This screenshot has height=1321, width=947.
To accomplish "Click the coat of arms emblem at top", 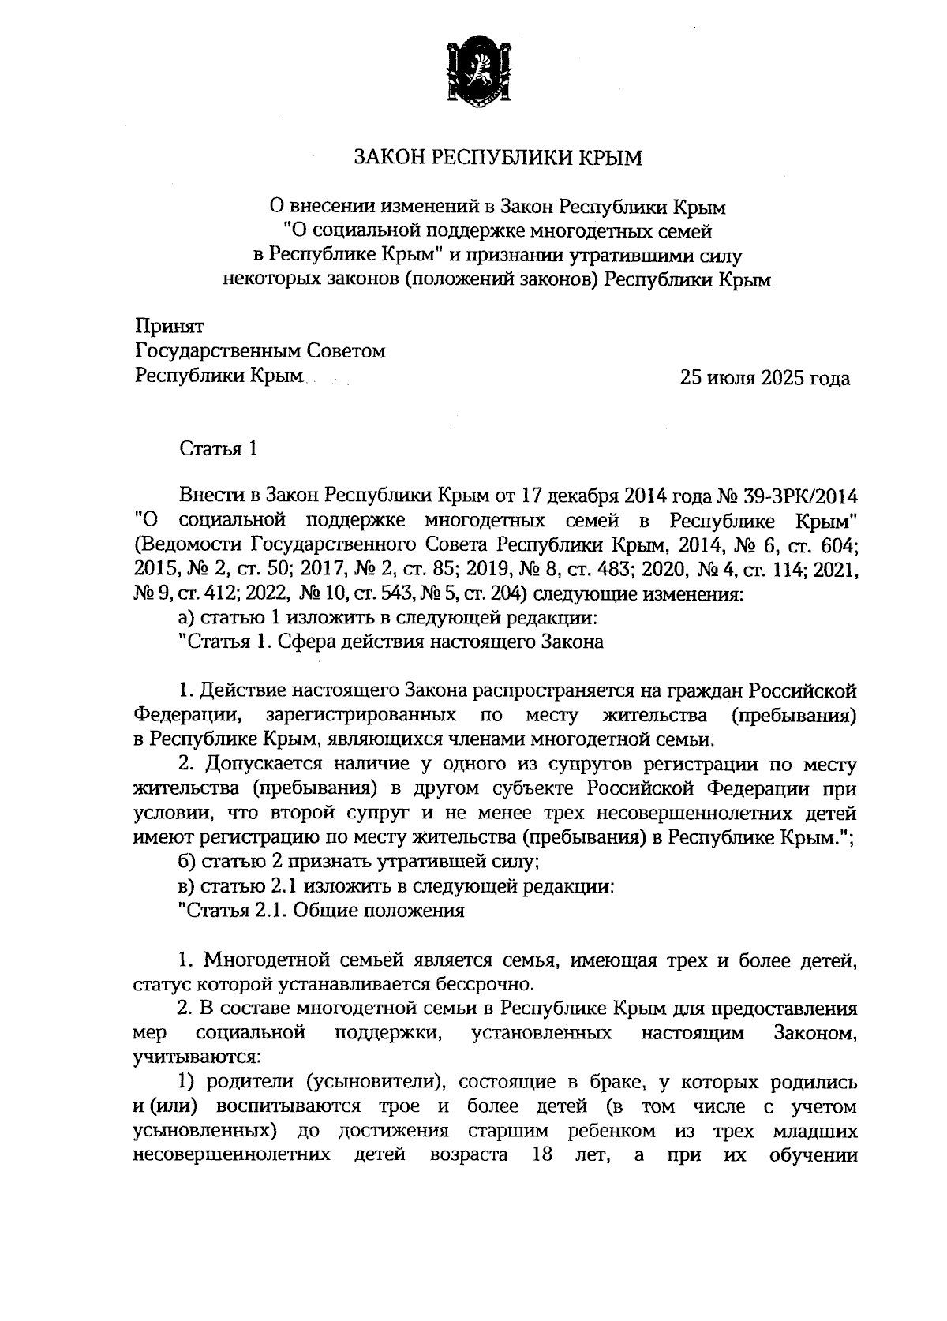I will [473, 71].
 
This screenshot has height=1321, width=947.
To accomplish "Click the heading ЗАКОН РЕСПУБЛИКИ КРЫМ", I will [498, 159].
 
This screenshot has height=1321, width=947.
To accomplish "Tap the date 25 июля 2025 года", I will [765, 378].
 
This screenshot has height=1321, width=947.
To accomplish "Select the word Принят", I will [170, 326].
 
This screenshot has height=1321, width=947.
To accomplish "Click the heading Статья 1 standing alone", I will [219, 450].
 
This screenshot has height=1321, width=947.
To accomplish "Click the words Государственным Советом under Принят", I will [260, 351].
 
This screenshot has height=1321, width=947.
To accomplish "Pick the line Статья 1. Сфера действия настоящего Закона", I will [391, 642].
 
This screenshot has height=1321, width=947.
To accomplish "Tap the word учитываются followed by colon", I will [189, 1057].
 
